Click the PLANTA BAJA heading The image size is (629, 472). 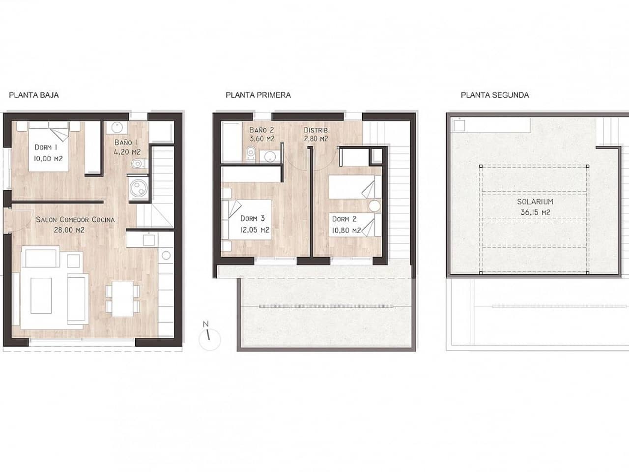[34, 95]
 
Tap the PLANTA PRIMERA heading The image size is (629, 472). [258, 95]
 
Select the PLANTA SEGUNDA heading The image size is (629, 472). [495, 95]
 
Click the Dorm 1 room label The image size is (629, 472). [46, 147]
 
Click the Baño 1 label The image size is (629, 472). [126, 142]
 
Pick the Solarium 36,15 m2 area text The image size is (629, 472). [535, 212]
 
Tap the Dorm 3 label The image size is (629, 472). [253, 219]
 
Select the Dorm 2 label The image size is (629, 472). [344, 219]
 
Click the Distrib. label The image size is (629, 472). [316, 130]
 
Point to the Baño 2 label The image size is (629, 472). [261, 130]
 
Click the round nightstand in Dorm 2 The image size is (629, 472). [374, 206]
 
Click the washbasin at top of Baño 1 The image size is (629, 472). [117, 127]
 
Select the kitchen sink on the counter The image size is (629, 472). [148, 239]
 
